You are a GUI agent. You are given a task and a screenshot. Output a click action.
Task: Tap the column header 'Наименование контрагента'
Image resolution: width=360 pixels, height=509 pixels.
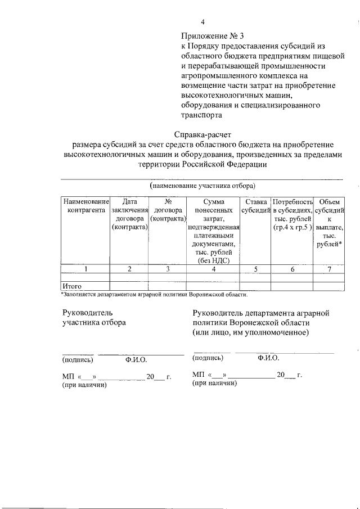click(85, 206)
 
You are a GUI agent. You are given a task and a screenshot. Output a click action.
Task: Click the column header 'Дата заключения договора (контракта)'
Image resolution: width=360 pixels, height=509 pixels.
click(129, 214)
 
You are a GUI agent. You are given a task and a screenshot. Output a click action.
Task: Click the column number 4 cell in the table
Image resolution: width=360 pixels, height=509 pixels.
click(213, 269)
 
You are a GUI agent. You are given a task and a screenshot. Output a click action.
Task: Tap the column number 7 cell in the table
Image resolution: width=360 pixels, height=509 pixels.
click(329, 269)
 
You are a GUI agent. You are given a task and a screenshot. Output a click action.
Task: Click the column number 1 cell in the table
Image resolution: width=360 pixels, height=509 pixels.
click(85, 269)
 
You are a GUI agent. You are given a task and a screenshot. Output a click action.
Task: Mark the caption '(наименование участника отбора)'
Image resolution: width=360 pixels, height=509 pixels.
click(202, 185)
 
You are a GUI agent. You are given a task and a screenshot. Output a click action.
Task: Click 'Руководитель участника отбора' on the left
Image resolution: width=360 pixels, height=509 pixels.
click(94, 317)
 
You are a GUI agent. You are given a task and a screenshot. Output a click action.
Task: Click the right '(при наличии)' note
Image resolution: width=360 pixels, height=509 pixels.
click(214, 383)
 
